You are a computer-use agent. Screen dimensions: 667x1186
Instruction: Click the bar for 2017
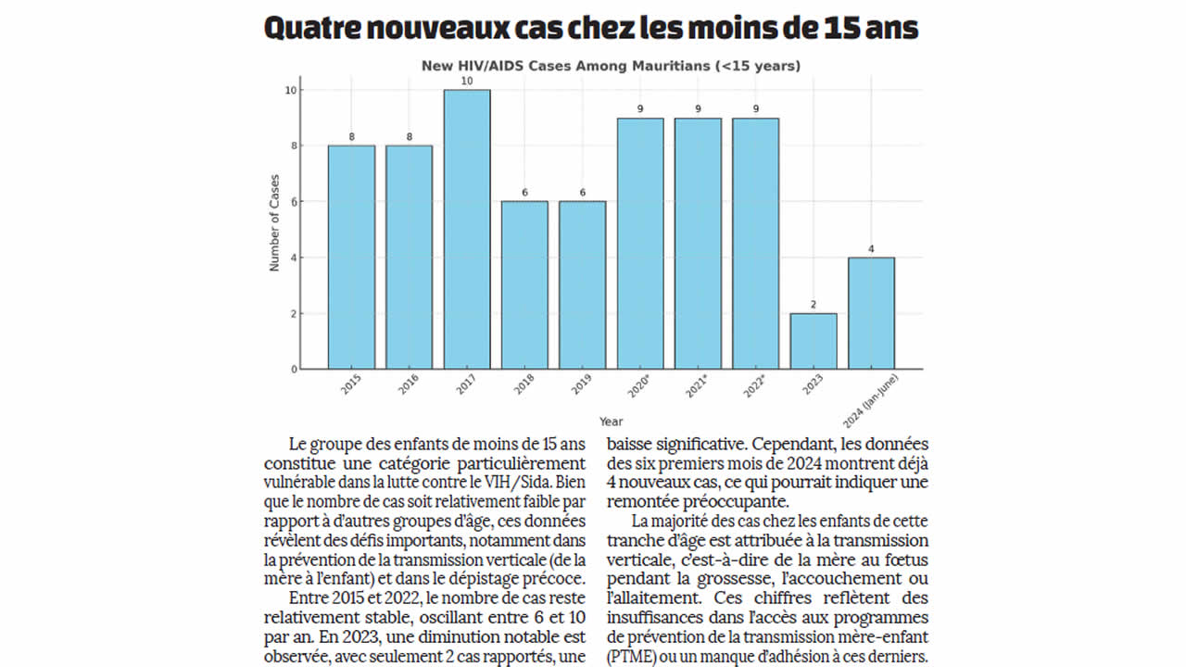click(x=467, y=229)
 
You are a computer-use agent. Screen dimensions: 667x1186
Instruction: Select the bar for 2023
click(x=814, y=341)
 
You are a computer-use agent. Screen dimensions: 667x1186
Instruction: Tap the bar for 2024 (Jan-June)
click(x=871, y=313)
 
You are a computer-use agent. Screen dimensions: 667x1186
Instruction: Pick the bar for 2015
click(x=351, y=257)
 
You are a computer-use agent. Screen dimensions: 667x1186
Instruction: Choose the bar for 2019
click(x=583, y=284)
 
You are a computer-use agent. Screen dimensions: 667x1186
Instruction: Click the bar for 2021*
click(x=698, y=243)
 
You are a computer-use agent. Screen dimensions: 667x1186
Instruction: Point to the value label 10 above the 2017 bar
click(x=467, y=82)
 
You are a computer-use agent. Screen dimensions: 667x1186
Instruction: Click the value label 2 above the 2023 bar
click(x=814, y=305)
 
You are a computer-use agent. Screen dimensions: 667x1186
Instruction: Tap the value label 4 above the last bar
click(x=871, y=249)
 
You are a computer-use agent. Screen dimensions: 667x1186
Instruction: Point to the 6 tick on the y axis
click(x=293, y=202)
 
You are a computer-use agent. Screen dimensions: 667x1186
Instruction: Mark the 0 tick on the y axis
click(x=295, y=370)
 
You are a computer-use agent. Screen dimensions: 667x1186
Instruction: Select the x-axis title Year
click(x=611, y=422)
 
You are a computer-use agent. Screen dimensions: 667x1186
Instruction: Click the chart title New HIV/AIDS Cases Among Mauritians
click(x=611, y=66)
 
